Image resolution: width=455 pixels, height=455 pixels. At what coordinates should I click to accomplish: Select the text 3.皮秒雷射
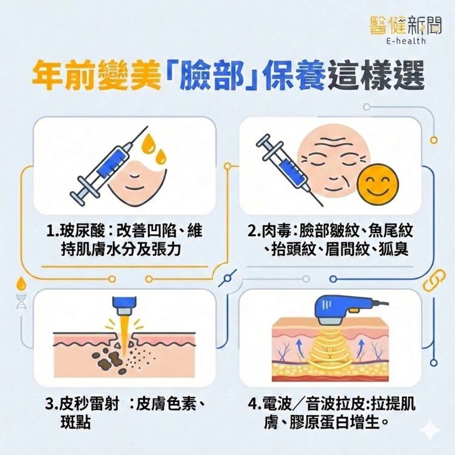84,404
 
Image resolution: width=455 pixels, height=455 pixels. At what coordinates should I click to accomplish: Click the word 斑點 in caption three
75,422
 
